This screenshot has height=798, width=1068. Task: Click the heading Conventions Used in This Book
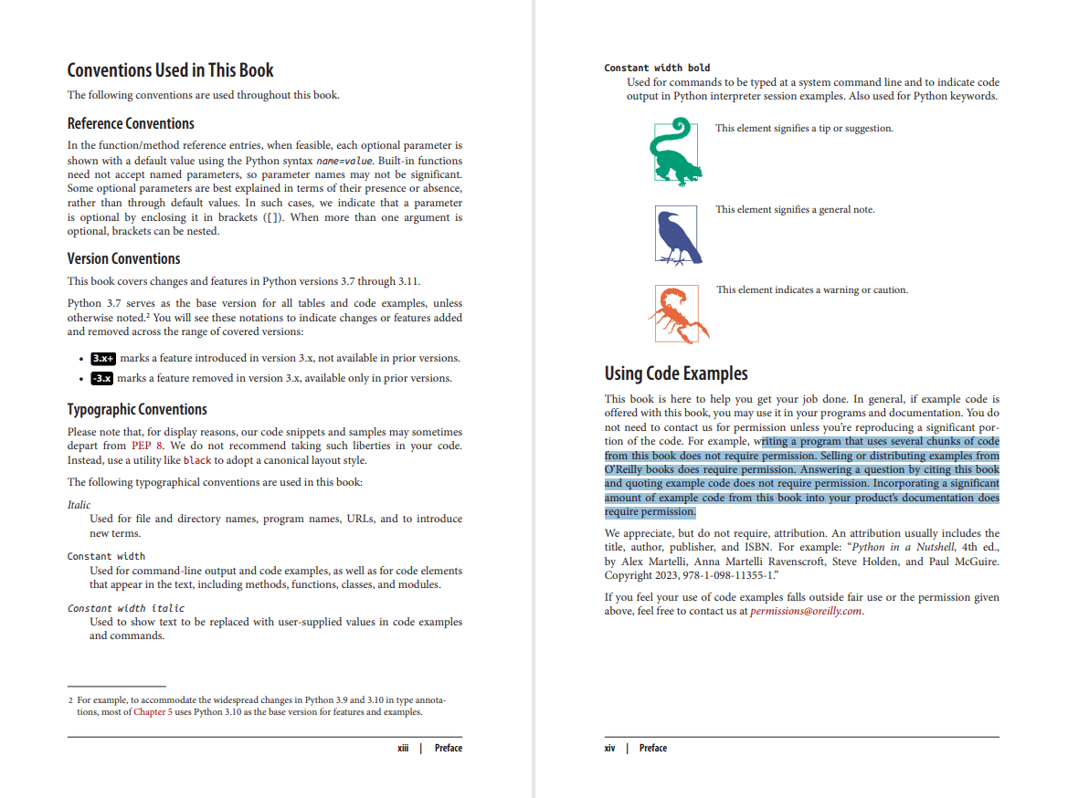coord(170,70)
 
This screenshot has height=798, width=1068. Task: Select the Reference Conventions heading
coord(131,123)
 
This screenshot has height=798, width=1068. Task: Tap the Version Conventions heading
coord(123,258)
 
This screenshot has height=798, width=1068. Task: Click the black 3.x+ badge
coord(103,358)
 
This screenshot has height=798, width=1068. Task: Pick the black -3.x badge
coord(101,378)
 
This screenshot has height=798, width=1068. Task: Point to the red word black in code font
coord(198,461)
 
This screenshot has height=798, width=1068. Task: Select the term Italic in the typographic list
coord(79,504)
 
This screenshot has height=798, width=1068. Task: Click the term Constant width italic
coord(125,608)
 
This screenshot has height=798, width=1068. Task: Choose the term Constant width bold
coord(657,68)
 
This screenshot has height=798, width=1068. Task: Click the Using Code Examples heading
coord(675,373)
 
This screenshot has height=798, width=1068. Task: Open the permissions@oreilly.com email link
coord(805,612)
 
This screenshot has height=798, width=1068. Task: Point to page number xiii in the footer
coord(403,749)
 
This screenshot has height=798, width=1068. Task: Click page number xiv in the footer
coord(609,749)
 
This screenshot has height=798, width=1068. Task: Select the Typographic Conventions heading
coord(137,409)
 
